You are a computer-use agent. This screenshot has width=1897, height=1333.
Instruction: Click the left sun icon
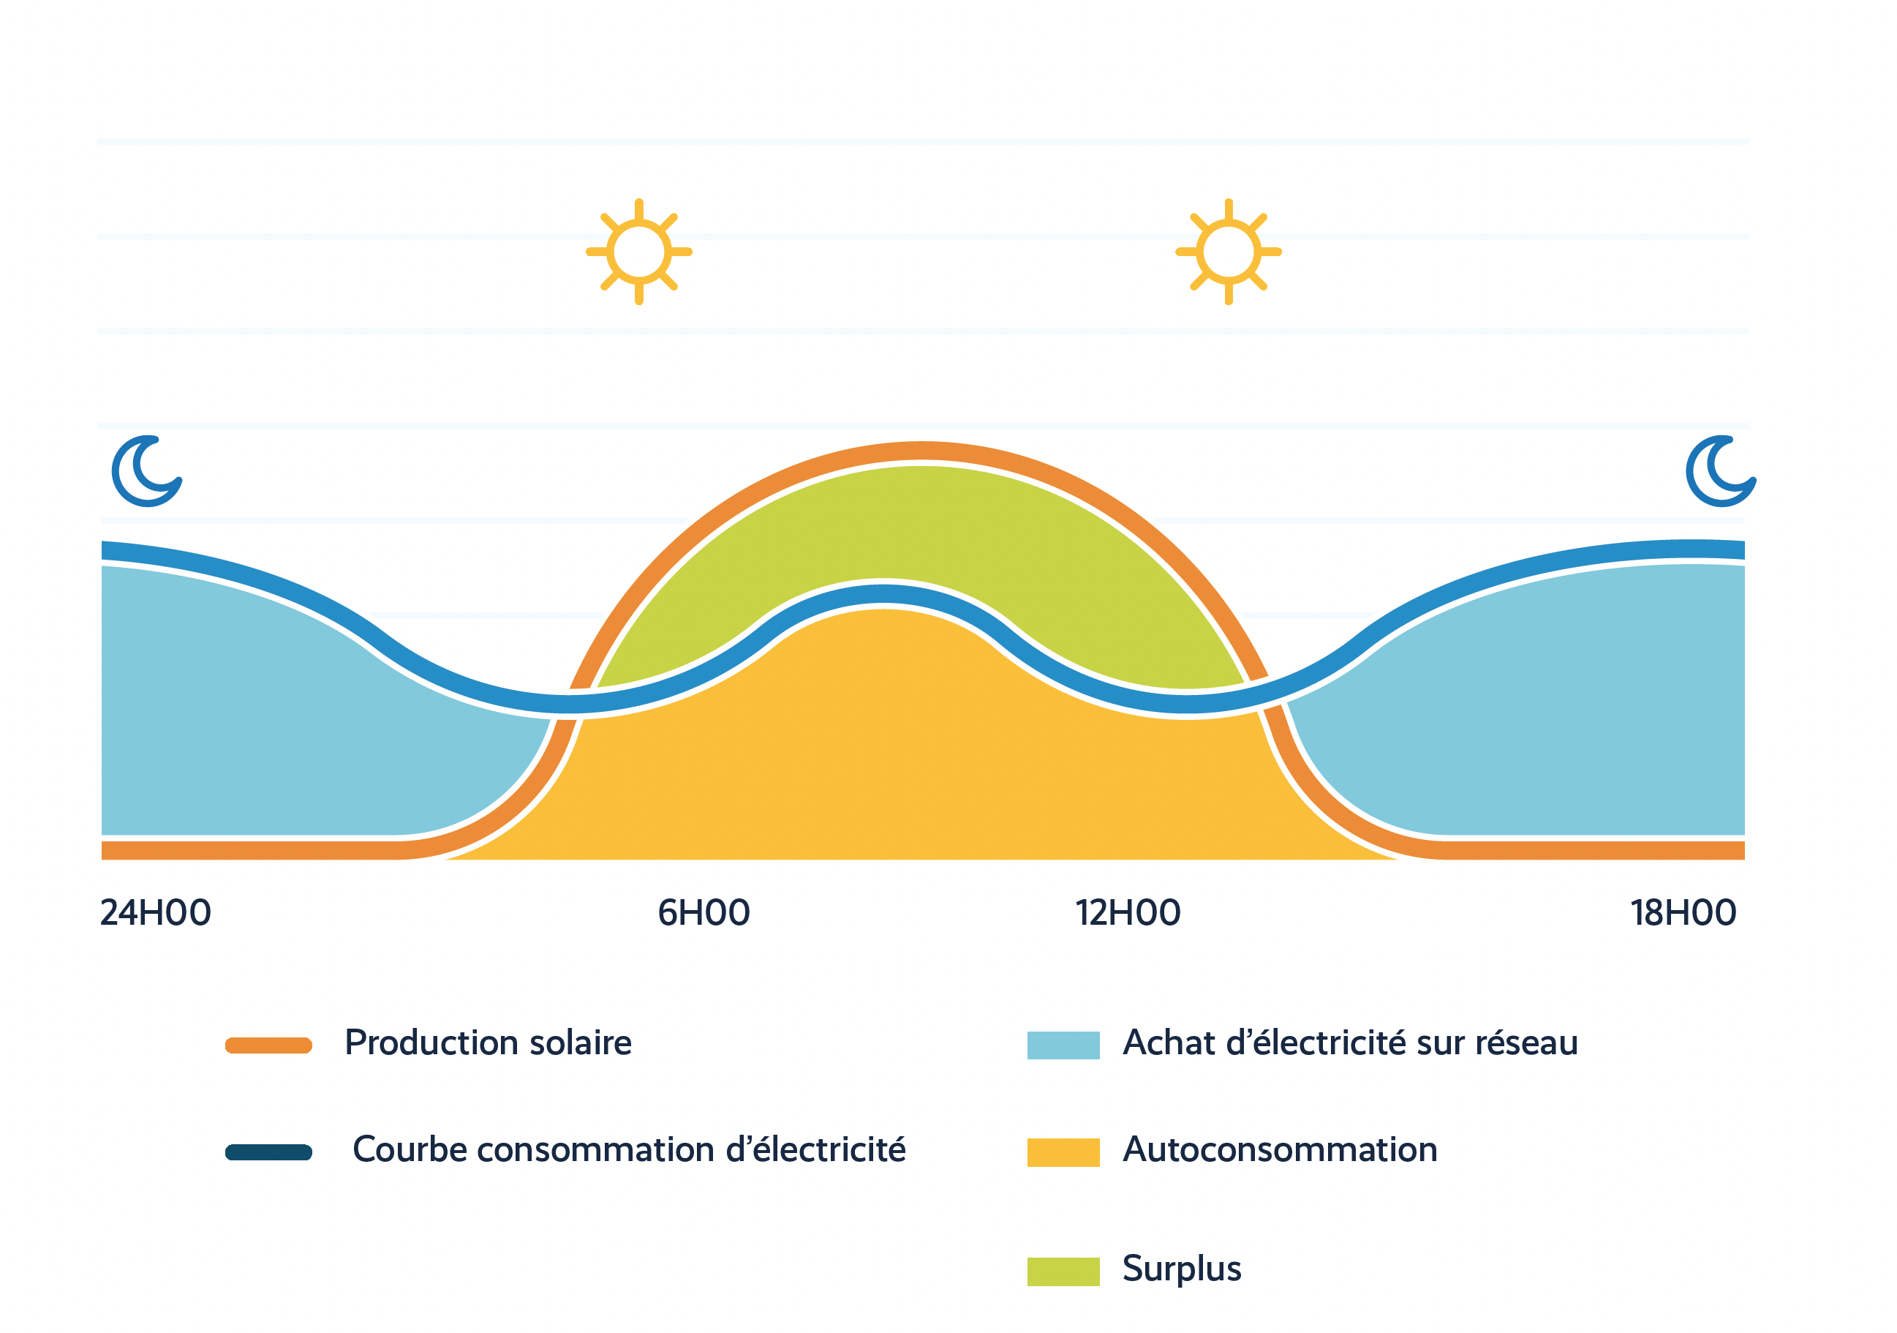(x=638, y=252)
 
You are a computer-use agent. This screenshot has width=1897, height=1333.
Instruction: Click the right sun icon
(x=1229, y=252)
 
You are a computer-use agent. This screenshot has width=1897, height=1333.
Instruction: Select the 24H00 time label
(x=155, y=913)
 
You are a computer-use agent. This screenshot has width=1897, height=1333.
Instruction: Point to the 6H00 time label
(x=704, y=913)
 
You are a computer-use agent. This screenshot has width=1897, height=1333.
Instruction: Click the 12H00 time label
(x=1128, y=913)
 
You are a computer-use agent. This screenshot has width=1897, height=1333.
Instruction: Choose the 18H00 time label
(x=1683, y=913)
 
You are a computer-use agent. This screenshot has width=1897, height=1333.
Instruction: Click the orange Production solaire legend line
(x=268, y=1045)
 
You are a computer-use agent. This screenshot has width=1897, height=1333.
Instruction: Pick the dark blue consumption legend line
(x=268, y=1152)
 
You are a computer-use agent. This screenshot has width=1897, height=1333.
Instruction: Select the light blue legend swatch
(x=1063, y=1045)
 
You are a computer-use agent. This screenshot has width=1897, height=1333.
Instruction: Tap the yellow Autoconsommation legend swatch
(x=1063, y=1152)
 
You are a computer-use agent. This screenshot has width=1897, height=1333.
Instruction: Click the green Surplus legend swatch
(x=1063, y=1272)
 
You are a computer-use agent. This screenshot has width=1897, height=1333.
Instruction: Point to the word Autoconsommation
(x=1280, y=1149)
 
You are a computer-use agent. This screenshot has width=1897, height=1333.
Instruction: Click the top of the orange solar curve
(x=921, y=451)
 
